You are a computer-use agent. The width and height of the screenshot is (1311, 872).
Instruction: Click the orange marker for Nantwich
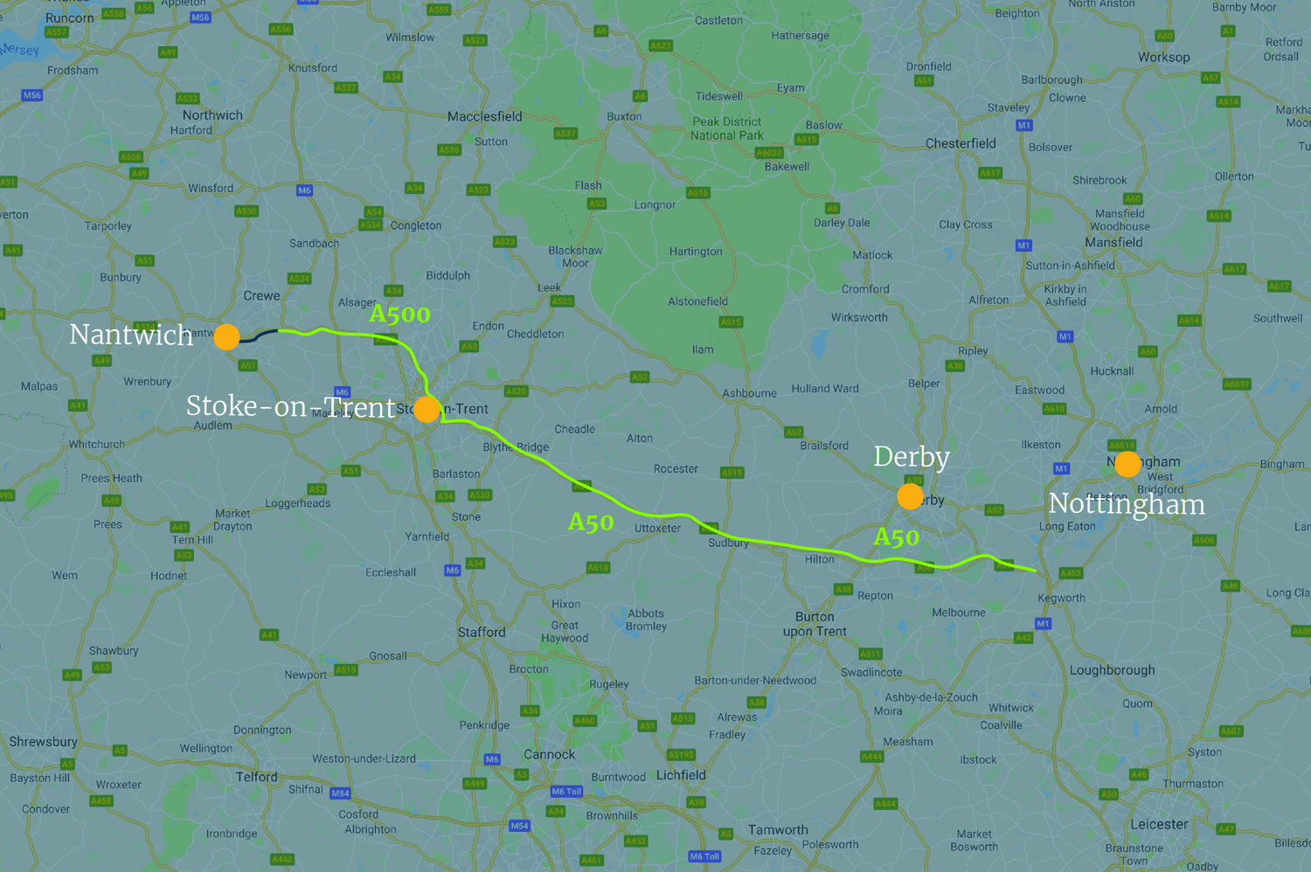[226, 336]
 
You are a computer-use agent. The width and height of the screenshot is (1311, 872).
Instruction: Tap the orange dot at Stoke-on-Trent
[427, 408]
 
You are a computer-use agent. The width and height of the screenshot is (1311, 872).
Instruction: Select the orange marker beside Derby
[910, 496]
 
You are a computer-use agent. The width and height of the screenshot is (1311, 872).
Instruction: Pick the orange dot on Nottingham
[1127, 464]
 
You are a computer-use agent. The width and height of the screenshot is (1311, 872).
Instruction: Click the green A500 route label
[399, 314]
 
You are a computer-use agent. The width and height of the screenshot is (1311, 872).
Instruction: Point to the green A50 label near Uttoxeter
[591, 523]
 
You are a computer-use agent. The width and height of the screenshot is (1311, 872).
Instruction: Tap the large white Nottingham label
[1126, 504]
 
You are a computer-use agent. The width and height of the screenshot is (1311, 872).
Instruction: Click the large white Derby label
[911, 457]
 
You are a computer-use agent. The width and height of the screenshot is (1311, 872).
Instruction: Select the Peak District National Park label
[726, 128]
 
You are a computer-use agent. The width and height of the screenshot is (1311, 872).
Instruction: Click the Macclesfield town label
[484, 116]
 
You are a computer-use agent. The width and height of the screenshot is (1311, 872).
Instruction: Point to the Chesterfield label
[961, 143]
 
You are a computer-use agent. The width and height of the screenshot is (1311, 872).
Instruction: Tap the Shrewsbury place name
[43, 742]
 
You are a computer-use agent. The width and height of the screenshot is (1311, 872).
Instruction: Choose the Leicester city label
[1159, 824]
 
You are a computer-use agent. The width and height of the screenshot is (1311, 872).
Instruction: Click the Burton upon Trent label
[815, 624]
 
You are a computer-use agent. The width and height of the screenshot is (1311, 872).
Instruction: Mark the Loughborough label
[1112, 670]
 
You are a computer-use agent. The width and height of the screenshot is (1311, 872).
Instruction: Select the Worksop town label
[1163, 58]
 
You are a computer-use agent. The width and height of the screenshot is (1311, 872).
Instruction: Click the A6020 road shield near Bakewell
[768, 153]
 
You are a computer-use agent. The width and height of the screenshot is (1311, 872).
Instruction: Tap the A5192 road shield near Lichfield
[681, 755]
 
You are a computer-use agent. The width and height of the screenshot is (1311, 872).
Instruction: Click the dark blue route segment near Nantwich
[260, 335]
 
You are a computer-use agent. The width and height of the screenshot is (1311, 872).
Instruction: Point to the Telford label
[256, 777]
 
